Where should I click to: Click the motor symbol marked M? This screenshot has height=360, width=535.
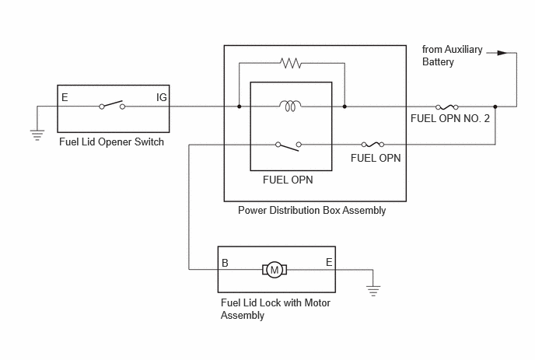click(x=274, y=270)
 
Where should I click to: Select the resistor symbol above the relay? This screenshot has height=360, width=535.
click(x=291, y=63)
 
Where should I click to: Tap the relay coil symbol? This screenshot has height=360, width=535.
click(x=290, y=106)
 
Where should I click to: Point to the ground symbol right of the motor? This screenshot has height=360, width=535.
click(x=373, y=291)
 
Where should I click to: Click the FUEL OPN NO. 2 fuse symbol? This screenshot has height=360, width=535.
click(x=447, y=107)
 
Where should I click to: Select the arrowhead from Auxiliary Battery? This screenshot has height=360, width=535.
click(x=502, y=53)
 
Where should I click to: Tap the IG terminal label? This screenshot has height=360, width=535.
click(x=162, y=98)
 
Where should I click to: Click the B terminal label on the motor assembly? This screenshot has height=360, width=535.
click(x=225, y=263)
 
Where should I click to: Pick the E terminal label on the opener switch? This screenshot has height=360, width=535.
click(x=65, y=98)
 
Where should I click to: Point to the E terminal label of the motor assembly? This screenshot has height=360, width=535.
click(x=329, y=262)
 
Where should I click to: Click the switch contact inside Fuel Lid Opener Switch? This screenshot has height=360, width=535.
click(x=112, y=105)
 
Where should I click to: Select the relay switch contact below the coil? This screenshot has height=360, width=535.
click(x=288, y=146)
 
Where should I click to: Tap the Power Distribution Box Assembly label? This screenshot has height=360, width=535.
click(x=312, y=210)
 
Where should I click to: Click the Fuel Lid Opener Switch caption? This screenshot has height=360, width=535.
click(x=111, y=142)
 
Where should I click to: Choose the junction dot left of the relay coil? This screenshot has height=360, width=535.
click(x=240, y=107)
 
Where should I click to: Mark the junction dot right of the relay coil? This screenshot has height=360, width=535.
click(x=344, y=107)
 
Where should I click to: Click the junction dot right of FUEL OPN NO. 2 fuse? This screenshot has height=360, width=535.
click(x=495, y=107)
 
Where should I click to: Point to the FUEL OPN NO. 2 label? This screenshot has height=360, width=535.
click(x=450, y=118)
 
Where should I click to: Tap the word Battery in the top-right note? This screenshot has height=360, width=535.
click(x=438, y=61)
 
